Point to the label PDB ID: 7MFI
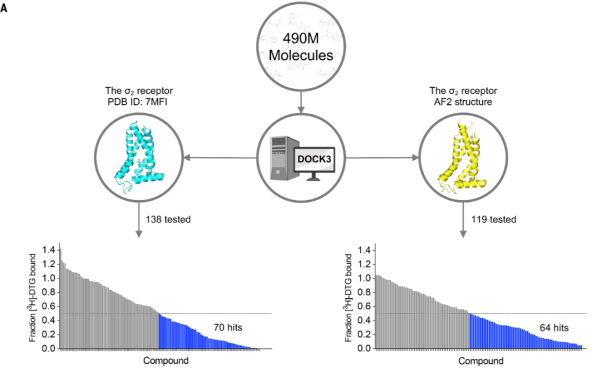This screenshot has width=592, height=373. pos(136,112)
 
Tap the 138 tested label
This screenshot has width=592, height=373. pos(165,219)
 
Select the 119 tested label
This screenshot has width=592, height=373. pos(488,219)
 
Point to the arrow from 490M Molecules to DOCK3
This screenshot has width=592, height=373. pos(300,103)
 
